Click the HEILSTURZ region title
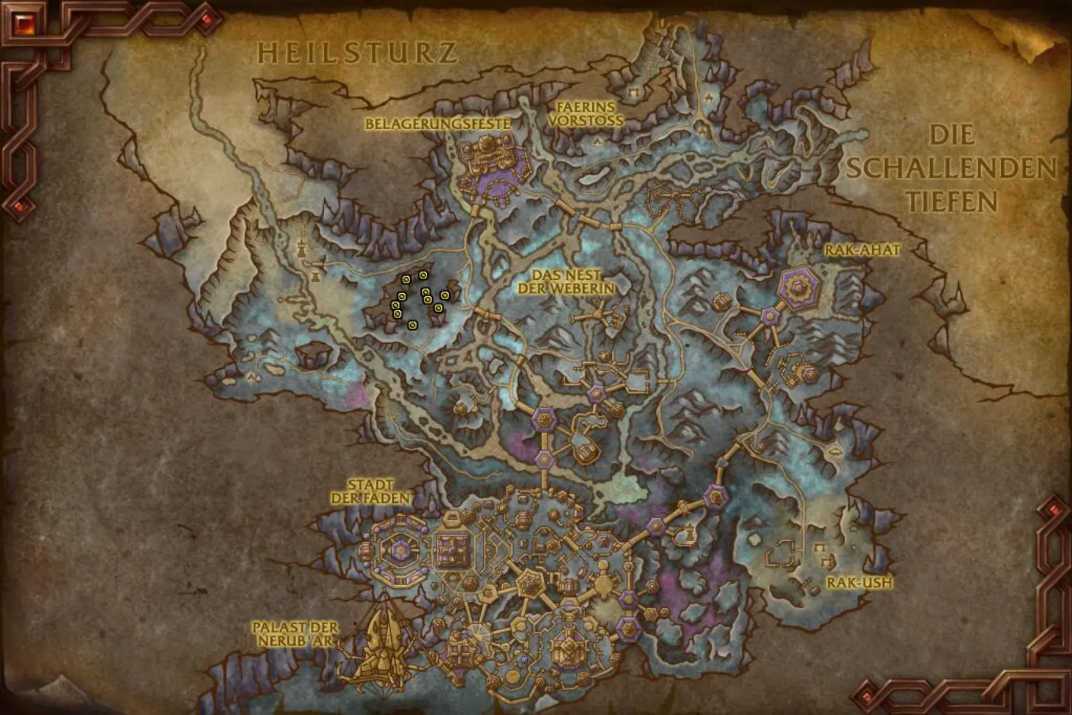(x=357, y=53)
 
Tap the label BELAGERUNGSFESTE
(x=438, y=124)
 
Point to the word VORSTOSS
(x=586, y=120)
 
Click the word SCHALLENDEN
(x=951, y=168)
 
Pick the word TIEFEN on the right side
(x=951, y=201)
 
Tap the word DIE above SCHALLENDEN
(x=952, y=135)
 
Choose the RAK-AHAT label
(x=862, y=250)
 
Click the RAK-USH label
(x=859, y=583)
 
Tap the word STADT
(x=371, y=485)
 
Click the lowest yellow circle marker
(x=413, y=325)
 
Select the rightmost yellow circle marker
(x=445, y=296)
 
